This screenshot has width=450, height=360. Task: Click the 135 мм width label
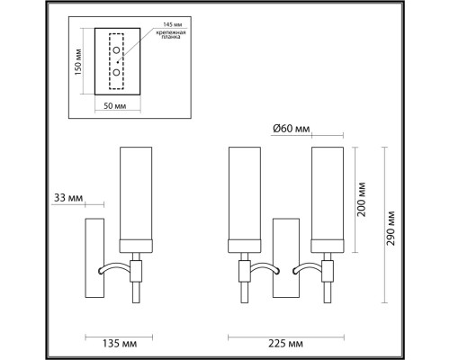tap(98, 342)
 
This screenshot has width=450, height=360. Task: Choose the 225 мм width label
tap(283, 342)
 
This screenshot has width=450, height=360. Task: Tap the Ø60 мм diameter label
tap(290, 128)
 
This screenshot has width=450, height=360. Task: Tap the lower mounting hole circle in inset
tap(116, 69)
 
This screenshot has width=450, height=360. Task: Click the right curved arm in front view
tap(305, 267)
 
